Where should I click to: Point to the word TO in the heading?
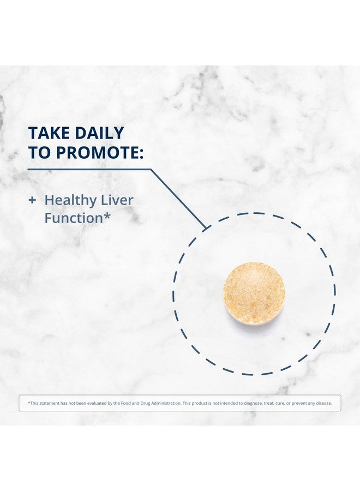[x=40, y=152]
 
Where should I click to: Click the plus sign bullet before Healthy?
[x=32, y=200]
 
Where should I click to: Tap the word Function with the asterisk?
[x=77, y=218]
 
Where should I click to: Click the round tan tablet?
[x=254, y=294]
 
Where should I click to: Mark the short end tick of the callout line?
[x=207, y=228]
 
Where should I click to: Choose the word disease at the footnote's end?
[x=323, y=403]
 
